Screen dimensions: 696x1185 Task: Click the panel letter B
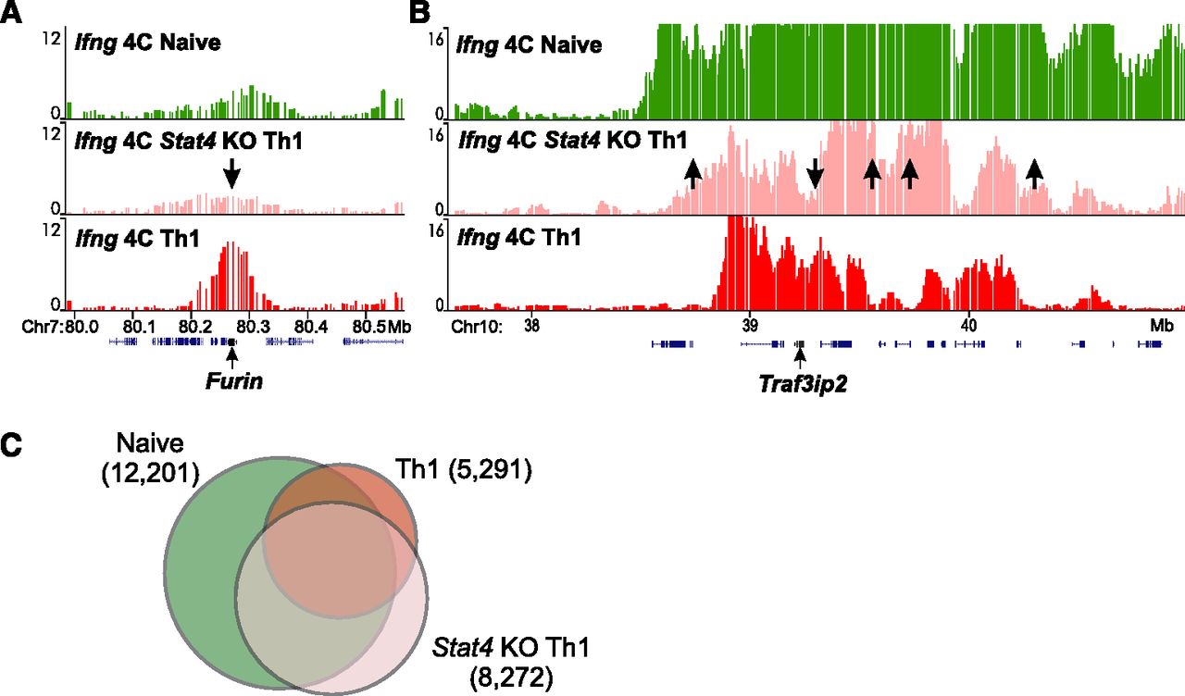pyautogui.click(x=419, y=12)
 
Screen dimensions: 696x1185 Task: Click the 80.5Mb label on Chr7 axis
pyautogui.click(x=382, y=326)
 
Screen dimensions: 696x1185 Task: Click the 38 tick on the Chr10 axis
pyautogui.click(x=532, y=326)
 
